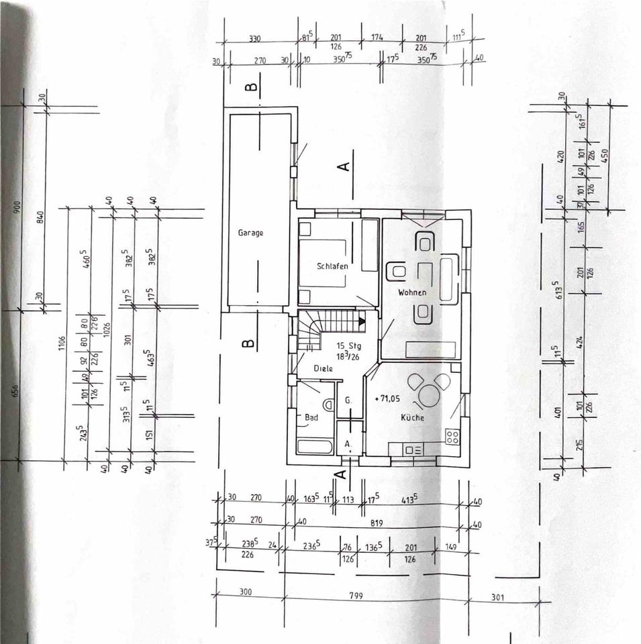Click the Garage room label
click(250, 233)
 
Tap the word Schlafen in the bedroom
click(332, 266)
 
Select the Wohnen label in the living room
click(411, 292)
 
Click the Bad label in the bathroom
click(311, 417)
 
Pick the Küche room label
click(413, 417)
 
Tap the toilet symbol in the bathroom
click(328, 405)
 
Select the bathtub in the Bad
click(314, 447)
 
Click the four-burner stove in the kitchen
click(452, 435)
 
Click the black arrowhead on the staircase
click(362, 321)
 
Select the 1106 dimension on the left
click(63, 345)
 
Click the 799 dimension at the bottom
click(376, 594)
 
